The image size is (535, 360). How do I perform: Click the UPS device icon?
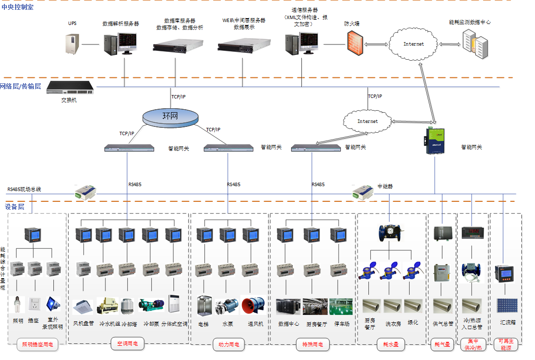(72, 44)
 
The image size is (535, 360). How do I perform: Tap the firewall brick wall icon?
(353, 43)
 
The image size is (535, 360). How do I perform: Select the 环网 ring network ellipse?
(171, 117)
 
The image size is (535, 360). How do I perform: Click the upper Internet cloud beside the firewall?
(413, 44)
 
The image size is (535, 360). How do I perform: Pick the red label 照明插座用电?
(37, 345)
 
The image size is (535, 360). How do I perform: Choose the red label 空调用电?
(127, 344)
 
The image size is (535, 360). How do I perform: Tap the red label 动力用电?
(229, 345)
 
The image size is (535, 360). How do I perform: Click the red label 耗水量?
(390, 345)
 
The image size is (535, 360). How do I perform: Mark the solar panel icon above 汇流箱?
(507, 306)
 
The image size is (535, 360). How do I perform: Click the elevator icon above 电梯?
(204, 306)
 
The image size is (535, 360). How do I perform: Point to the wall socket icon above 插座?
(34, 304)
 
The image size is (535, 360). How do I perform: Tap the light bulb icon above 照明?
(17, 304)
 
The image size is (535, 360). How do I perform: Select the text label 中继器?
(385, 187)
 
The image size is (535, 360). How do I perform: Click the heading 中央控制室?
(18, 7)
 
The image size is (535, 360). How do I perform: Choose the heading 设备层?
(15, 207)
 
